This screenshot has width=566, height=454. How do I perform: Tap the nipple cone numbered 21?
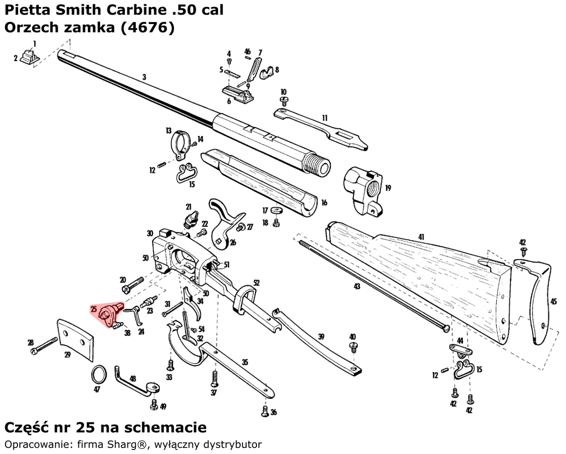190,219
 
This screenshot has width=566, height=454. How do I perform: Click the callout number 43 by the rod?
357,286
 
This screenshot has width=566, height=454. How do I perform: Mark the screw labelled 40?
352,347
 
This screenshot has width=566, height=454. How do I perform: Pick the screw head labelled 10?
284,100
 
